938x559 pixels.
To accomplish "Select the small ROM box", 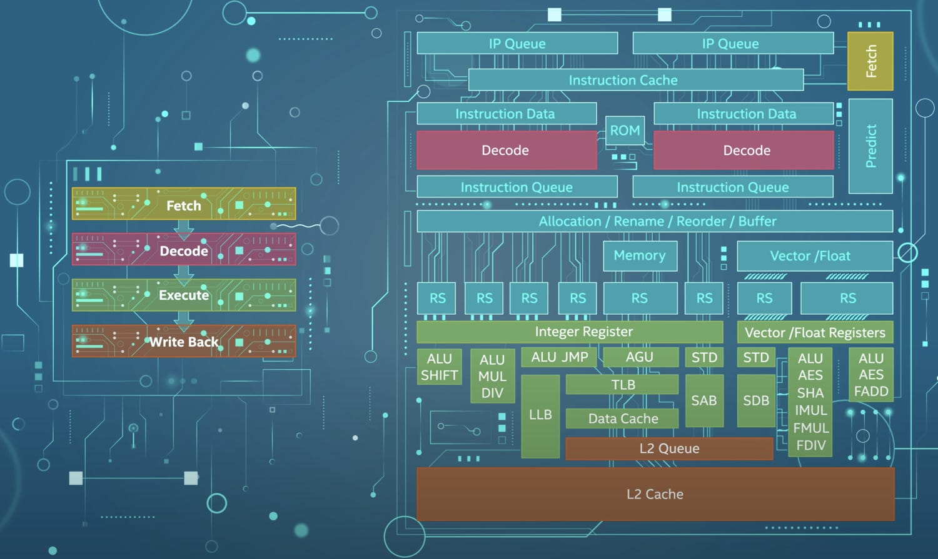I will pos(625,131).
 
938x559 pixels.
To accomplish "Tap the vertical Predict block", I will pos(870,146).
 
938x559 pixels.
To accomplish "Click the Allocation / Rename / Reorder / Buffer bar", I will pos(655,221).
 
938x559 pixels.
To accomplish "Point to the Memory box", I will pos(640,255).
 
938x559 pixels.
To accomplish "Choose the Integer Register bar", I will pos(570,332).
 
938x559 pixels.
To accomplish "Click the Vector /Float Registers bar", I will pos(815,332).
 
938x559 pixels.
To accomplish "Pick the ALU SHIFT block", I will pos(439,367).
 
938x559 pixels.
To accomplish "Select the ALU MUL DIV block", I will pos(492,376).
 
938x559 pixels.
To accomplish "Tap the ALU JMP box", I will pos(559,357).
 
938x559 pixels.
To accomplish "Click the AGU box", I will pos(640,357).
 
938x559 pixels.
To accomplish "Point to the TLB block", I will pos(622,385).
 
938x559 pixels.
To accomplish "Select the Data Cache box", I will pos(622,418).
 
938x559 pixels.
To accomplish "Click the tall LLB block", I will pos(540,415).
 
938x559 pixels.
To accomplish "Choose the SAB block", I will pos(704,401).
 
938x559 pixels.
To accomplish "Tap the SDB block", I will pos(756,401).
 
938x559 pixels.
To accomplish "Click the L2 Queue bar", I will pos(669,448).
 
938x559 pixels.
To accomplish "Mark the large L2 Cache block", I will pos(655,494).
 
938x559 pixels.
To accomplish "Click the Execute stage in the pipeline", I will pos(184,295).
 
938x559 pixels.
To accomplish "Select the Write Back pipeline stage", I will pos(184,342).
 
